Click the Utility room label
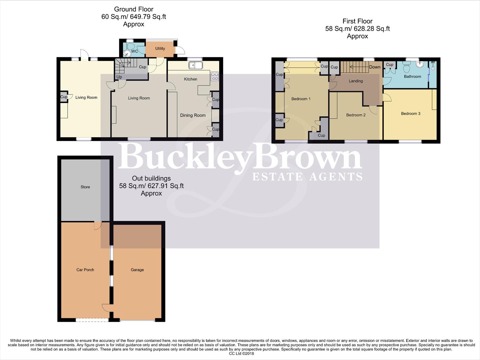[160, 49]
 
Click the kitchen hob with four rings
[215, 76]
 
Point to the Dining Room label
[193, 115]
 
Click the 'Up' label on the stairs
[119, 77]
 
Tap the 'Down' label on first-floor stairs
[374, 67]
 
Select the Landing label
[355, 81]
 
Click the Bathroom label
[412, 77]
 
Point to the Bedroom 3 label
[410, 114]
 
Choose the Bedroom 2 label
[355, 115]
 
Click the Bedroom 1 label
[300, 99]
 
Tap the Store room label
[85, 187]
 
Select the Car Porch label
[85, 270]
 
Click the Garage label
[137, 270]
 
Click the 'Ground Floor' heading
[134, 9]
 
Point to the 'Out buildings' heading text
[151, 178]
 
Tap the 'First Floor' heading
[357, 21]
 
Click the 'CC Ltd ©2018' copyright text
[241, 354]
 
